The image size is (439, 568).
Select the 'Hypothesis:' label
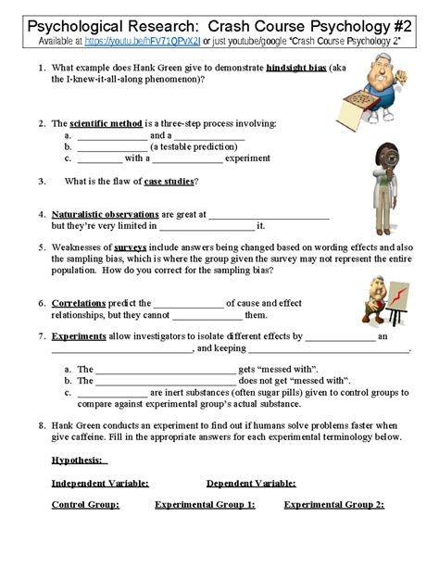80,461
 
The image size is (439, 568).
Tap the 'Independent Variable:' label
100,483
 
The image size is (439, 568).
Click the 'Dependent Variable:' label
251,483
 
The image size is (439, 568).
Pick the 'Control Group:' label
85,505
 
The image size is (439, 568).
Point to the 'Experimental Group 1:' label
205,505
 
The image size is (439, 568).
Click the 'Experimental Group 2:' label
333,505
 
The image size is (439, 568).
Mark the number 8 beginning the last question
42,425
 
